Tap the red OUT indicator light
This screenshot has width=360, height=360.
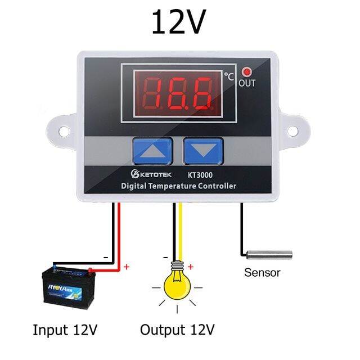click(x=247, y=72)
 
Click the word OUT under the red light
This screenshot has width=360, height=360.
click(x=247, y=83)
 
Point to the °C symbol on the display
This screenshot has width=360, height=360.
click(x=228, y=75)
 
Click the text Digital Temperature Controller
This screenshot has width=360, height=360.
click(x=178, y=186)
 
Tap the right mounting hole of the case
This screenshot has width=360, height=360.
click(x=292, y=130)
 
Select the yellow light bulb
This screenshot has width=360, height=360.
click(x=178, y=285)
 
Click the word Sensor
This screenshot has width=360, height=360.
click(x=262, y=273)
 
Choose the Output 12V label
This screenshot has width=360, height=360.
click(x=178, y=329)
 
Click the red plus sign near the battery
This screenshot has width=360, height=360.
click(x=126, y=266)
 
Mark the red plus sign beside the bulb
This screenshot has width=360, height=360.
click(x=191, y=267)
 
